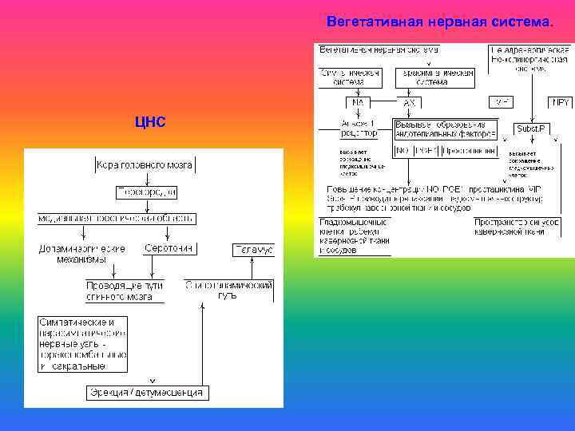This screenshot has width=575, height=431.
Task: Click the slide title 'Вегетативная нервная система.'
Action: click(439, 22)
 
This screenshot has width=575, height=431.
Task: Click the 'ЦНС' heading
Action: click(151, 121)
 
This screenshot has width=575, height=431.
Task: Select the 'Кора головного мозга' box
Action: click(145, 165)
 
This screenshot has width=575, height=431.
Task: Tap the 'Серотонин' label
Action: click(169, 249)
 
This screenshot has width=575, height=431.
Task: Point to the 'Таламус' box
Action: click(253, 250)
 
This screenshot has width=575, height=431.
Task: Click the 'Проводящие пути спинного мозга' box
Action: click(125, 291)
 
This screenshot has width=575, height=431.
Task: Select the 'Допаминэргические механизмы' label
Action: click(82, 254)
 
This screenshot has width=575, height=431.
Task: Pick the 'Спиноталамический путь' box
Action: click(229, 290)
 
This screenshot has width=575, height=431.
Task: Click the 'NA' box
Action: click(355, 102)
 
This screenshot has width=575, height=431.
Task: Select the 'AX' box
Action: click(410, 102)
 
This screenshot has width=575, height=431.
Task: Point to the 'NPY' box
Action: click(560, 102)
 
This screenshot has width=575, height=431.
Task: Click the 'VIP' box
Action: click(502, 102)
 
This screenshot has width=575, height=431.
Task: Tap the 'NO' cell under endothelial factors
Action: click(402, 150)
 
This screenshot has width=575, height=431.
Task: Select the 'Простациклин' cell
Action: click(469, 150)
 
